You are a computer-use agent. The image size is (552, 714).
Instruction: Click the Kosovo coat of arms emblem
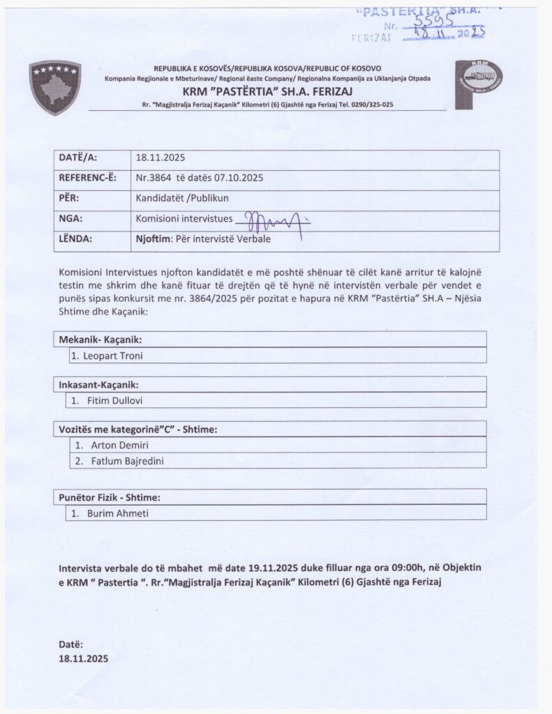(x=55, y=87)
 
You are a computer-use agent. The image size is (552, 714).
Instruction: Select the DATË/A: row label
(x=78, y=158)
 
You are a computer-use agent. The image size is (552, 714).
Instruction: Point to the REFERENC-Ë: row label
(x=87, y=178)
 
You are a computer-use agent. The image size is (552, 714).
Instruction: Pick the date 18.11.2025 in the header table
(x=161, y=158)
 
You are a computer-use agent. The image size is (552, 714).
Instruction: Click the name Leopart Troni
(x=114, y=356)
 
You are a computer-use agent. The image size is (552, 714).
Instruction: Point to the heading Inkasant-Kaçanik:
(x=98, y=385)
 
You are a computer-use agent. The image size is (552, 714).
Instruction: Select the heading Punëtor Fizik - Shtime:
(x=110, y=498)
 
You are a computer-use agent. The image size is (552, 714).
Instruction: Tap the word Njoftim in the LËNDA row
(x=151, y=238)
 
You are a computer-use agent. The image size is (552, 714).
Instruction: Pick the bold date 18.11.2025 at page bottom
(x=84, y=658)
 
